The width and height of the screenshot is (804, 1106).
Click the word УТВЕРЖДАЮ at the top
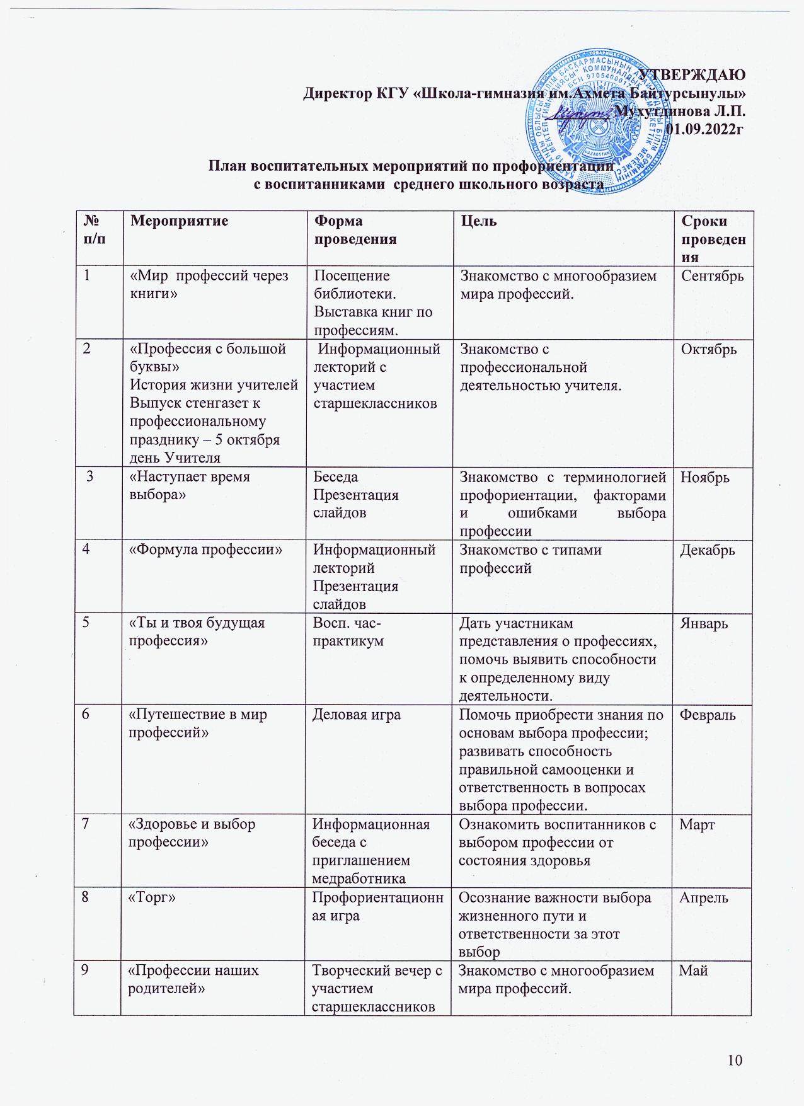692,74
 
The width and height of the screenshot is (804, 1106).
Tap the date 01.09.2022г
705,130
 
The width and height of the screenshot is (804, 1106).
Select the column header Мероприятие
179,221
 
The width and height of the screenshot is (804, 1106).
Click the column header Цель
478,221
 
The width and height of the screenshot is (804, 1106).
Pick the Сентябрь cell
712,276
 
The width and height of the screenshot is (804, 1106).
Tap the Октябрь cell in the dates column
708,349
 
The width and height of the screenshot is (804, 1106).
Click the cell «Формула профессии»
205,550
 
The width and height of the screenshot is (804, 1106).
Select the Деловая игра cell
357,715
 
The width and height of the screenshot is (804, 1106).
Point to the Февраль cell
707,715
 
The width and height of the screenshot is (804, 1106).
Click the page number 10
735,1060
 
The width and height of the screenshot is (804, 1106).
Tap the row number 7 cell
84,824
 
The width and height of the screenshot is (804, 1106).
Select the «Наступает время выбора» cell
189,486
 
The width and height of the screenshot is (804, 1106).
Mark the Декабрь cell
707,550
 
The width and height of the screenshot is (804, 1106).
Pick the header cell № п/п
95,230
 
